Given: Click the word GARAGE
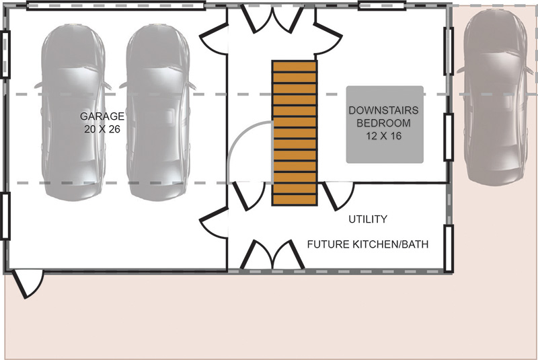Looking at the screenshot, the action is click(102, 116).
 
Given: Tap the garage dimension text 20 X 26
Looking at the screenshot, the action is click(102, 129).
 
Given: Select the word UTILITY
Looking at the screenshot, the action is click(368, 219).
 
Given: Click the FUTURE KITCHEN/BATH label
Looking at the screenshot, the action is click(368, 244).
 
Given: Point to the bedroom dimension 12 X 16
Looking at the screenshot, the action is click(383, 136).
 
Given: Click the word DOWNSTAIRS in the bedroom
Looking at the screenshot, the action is click(383, 110).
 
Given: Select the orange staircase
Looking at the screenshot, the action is click(295, 133).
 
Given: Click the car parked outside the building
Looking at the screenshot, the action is click(496, 97).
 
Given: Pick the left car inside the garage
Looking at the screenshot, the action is click(73, 112).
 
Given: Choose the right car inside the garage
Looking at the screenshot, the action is click(157, 112).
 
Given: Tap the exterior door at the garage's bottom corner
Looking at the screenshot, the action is click(28, 284).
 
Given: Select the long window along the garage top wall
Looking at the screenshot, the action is click(116, 5).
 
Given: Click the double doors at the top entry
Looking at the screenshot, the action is click(273, 19).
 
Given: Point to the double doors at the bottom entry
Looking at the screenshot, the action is click(272, 254).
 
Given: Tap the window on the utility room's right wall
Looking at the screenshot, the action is click(449, 248).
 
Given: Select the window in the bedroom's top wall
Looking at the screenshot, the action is click(382, 5).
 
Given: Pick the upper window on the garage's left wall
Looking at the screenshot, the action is click(5, 55).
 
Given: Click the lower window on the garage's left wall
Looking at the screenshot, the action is click(5, 216).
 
